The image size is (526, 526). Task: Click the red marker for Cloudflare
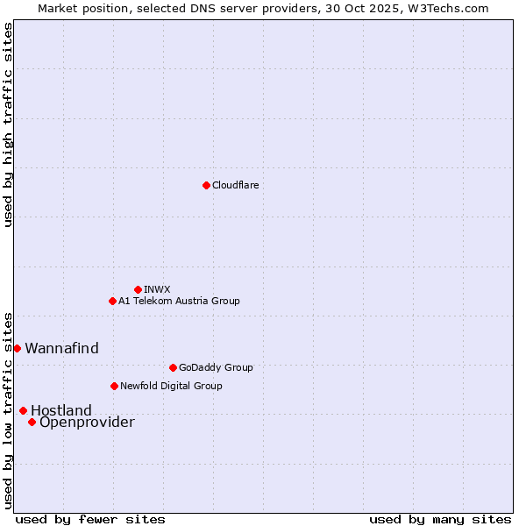coord(206,185)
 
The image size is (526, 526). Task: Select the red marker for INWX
coord(138,289)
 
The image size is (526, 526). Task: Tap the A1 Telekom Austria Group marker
coord(112,301)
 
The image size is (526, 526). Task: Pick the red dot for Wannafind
coord(17,348)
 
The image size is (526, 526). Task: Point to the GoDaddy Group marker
coord(173,367)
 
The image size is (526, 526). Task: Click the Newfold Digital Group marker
coord(114,386)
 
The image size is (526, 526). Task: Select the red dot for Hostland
coord(23,410)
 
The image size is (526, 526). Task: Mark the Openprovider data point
coord(32,422)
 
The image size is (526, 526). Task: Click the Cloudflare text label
coord(235,185)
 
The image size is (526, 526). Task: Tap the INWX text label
coord(157,289)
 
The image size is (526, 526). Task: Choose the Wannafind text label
coord(61,348)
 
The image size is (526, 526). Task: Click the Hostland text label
coord(61,410)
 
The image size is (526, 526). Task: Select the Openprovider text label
coord(87,423)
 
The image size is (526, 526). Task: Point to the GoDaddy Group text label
coord(216,367)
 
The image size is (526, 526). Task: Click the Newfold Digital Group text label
coord(171,386)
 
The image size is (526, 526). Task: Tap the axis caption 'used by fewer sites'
coord(90,519)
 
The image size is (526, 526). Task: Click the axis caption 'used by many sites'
coord(440,519)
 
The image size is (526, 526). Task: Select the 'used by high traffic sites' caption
coord(8,124)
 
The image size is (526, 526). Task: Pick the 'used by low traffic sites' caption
coord(8,409)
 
